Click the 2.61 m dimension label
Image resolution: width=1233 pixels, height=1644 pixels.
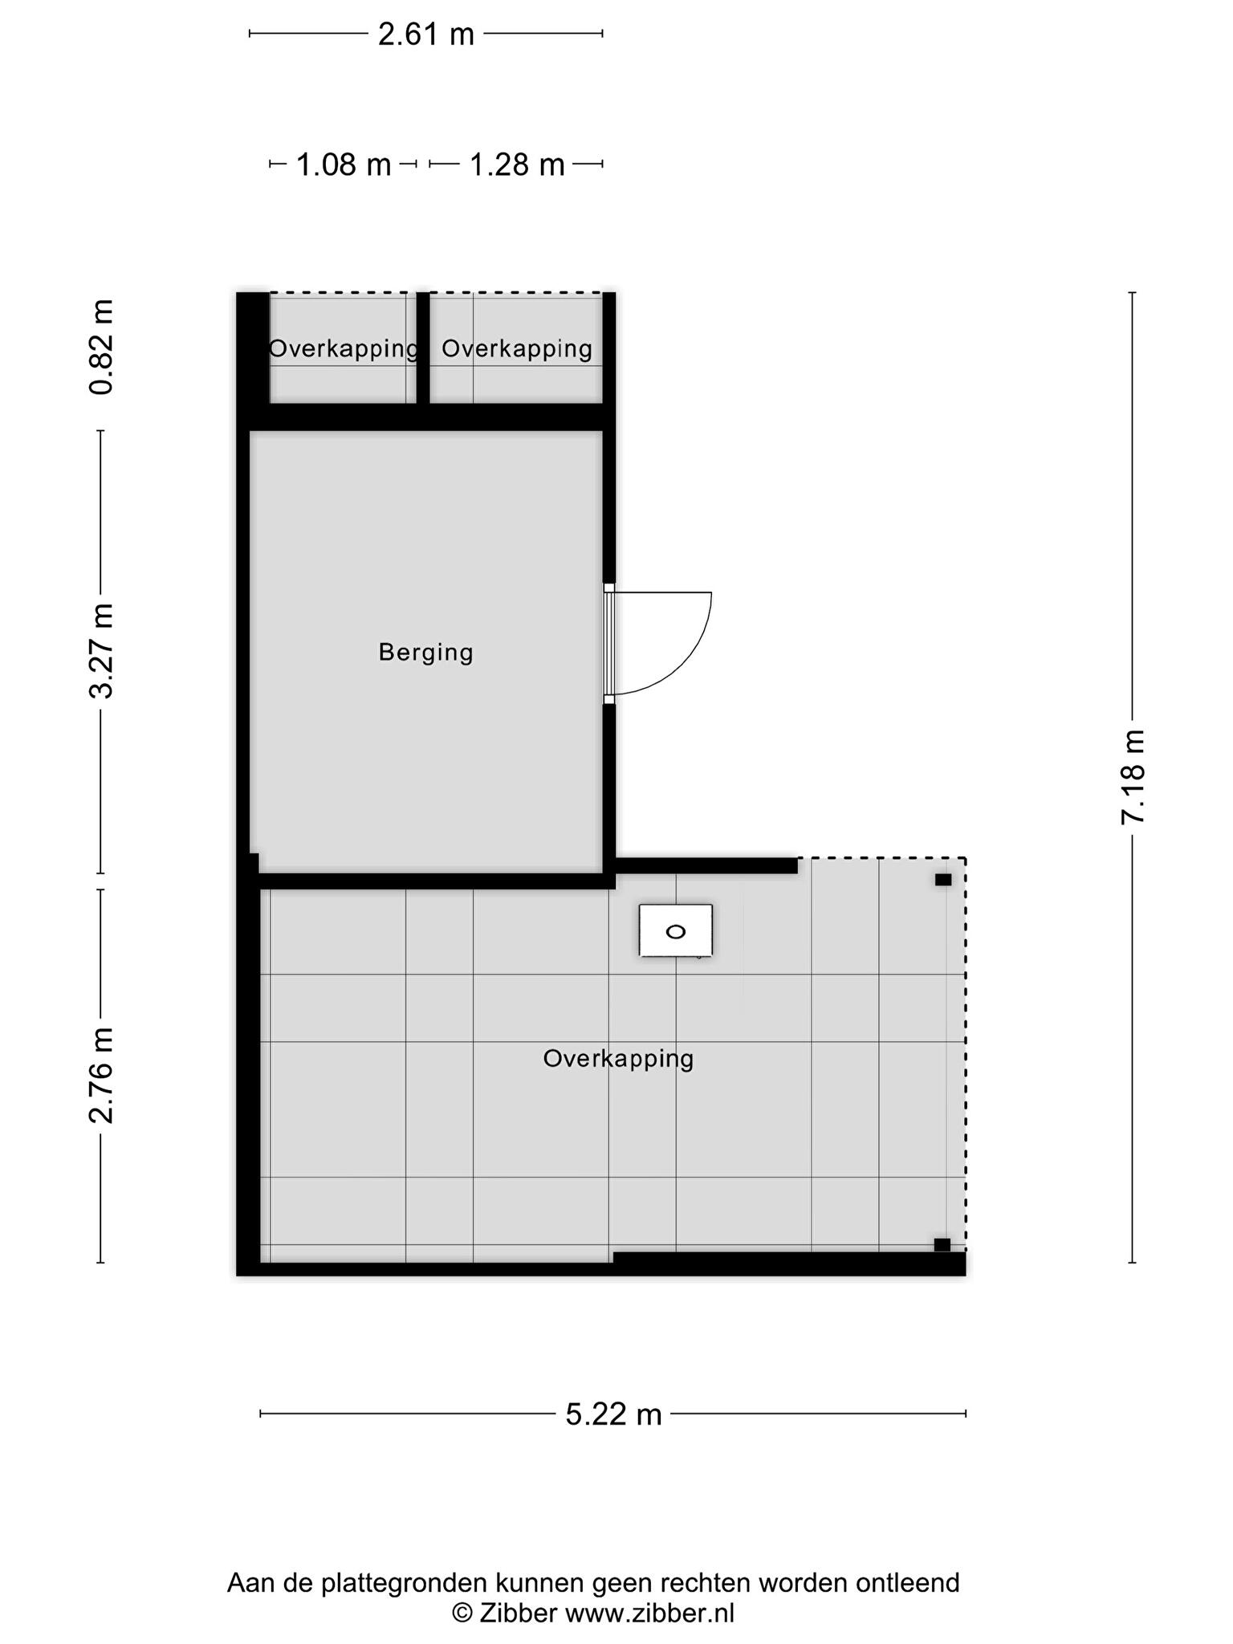pyautogui.click(x=426, y=35)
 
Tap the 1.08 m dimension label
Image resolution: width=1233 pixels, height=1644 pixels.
pyautogui.click(x=344, y=165)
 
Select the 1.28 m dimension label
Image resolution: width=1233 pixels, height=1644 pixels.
pyautogui.click(x=517, y=165)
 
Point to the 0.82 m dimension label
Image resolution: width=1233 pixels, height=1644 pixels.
pyautogui.click(x=102, y=347)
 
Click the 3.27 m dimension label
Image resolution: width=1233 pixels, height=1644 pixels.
pyautogui.click(x=102, y=651)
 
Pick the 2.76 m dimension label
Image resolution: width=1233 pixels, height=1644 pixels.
pyautogui.click(x=102, y=1076)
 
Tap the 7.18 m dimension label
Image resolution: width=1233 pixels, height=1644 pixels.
pyautogui.click(x=1133, y=777)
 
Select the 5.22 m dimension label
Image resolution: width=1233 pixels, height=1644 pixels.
pyautogui.click(x=614, y=1436)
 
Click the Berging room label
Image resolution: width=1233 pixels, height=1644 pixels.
pyautogui.click(x=425, y=653)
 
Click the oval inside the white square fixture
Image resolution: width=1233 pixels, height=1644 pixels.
pyautogui.click(x=676, y=932)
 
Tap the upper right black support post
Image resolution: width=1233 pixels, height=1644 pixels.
pyautogui.click(x=943, y=880)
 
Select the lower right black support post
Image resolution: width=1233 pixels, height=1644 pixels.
pyautogui.click(x=942, y=1245)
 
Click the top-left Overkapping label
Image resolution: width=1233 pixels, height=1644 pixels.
pyautogui.click(x=344, y=349)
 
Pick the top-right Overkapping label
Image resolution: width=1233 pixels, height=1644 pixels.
pyautogui.click(x=517, y=349)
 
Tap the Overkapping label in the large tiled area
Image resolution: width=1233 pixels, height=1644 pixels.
pyautogui.click(x=618, y=1060)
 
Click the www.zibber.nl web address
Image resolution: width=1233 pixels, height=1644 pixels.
pyautogui.click(x=649, y=1613)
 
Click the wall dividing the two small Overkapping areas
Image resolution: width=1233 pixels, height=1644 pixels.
pyautogui.click(x=423, y=348)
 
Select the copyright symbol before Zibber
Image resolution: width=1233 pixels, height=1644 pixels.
pyautogui.click(x=462, y=1613)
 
